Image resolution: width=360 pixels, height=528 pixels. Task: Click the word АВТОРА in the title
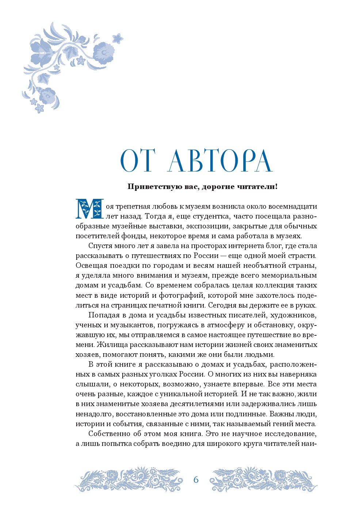[x=220, y=161]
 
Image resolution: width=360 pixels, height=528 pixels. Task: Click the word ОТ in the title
[x=137, y=161]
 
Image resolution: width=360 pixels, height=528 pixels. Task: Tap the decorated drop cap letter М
[x=89, y=209]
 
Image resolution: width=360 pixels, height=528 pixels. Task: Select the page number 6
[x=196, y=480]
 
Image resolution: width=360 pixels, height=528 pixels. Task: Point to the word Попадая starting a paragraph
[x=104, y=315]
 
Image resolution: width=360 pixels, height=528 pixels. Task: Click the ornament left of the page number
[x=129, y=479]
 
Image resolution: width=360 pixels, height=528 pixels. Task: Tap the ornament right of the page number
[x=263, y=479]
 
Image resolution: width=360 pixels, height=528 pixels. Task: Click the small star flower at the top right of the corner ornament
[x=118, y=38]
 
